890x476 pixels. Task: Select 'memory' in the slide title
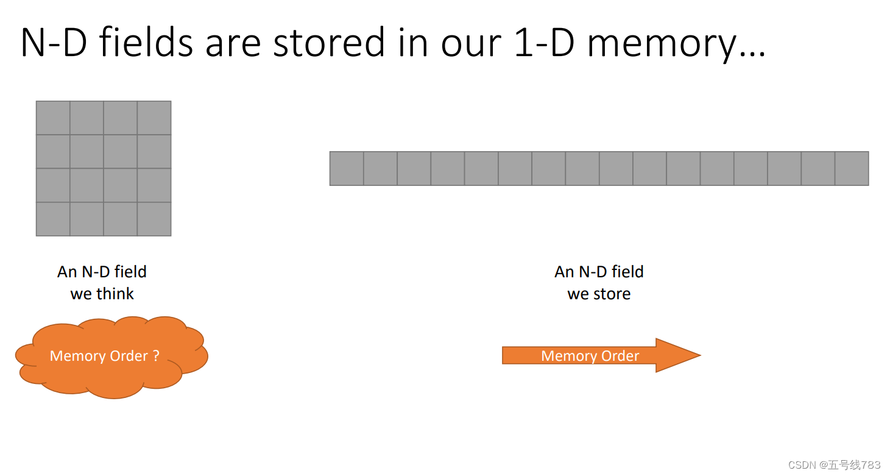coord(662,44)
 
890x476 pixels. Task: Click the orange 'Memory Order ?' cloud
coord(111,357)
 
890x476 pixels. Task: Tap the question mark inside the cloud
coord(157,356)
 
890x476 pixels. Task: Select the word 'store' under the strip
coord(611,294)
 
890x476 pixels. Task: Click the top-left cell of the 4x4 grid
coord(53,118)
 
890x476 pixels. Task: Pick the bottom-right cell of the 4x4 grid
coord(154,219)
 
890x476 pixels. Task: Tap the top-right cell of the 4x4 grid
coord(154,118)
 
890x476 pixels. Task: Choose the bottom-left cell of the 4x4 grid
coord(53,219)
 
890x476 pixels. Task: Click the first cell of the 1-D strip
coord(347,168)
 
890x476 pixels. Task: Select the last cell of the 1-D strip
coord(852,168)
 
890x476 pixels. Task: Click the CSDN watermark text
coord(834,465)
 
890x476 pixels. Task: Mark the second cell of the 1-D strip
coord(380,168)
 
